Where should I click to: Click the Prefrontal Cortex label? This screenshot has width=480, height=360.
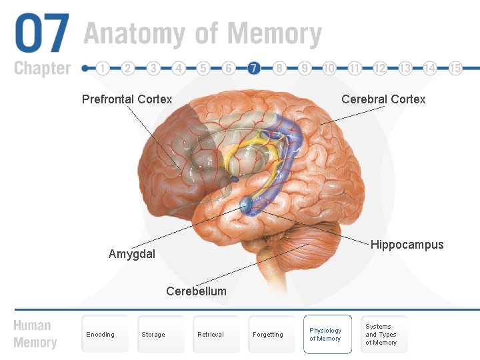[x=127, y=99]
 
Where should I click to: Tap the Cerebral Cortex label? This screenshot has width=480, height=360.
[x=383, y=99]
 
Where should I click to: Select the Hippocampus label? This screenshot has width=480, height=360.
[x=407, y=245]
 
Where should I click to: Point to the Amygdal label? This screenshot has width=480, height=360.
[x=132, y=254]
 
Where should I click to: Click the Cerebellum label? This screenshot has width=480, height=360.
[x=196, y=291]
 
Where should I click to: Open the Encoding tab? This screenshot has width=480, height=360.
[x=101, y=334]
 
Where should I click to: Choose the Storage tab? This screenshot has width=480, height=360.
[x=153, y=334]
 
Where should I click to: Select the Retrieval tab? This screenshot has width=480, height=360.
[x=211, y=334]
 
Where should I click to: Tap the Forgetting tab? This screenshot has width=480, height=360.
[x=268, y=334]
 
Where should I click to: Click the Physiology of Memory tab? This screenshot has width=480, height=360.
[x=325, y=334]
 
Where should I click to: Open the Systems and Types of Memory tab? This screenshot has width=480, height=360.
[x=381, y=334]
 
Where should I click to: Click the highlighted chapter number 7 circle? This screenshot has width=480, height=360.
[x=253, y=68]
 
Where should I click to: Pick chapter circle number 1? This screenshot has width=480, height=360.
[x=103, y=68]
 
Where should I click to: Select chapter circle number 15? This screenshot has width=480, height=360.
[x=455, y=68]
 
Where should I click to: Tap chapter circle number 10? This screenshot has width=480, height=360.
[x=329, y=68]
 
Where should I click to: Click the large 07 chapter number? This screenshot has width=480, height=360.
[x=42, y=34]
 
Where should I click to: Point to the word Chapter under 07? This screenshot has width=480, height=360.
[x=42, y=68]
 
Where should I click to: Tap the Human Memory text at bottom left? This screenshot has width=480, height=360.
[x=35, y=334]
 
